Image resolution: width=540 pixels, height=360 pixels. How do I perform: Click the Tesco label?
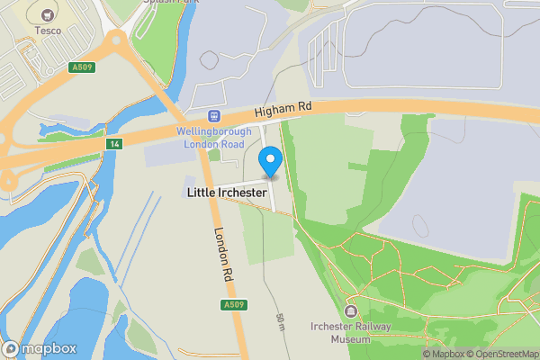pyautogui.click(x=48, y=31)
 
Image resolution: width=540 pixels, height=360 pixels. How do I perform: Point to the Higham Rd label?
pyautogui.click(x=283, y=108)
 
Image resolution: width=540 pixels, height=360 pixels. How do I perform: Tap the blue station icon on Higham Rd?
pyautogui.click(x=214, y=115)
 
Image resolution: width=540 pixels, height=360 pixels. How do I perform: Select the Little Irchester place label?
pyautogui.click(x=227, y=193)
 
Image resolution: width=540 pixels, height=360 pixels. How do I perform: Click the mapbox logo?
pyautogui.click(x=40, y=348)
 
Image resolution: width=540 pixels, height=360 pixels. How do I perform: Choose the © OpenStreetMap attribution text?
pyautogui.click(x=499, y=354)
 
